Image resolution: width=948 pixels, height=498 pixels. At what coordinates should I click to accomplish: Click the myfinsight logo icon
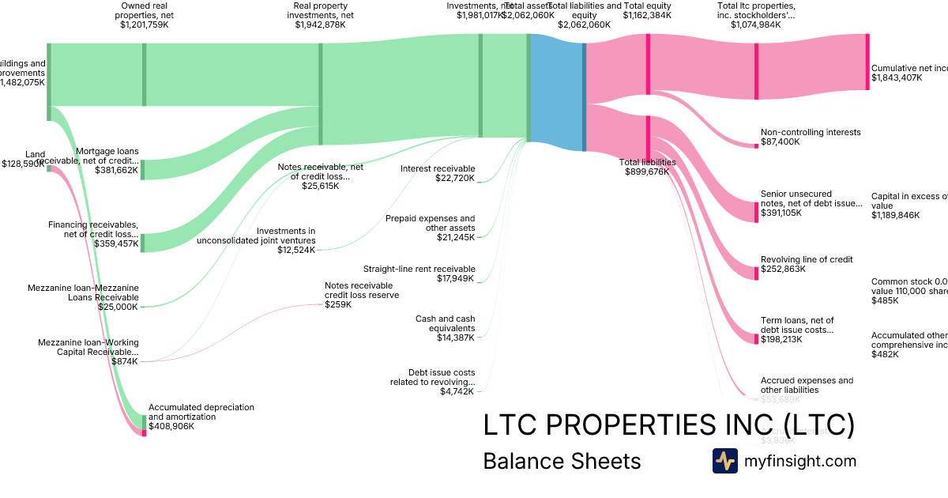coord(725,461)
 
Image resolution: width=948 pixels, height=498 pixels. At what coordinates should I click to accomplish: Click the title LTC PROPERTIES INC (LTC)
coord(668,424)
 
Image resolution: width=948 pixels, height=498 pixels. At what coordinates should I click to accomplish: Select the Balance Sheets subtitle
coord(562,461)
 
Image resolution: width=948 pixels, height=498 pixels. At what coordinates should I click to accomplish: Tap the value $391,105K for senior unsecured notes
coord(781,213)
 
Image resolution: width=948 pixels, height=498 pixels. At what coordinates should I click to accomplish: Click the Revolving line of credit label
coord(807,259)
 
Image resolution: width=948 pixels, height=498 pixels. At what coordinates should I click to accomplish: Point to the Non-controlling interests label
coord(811,132)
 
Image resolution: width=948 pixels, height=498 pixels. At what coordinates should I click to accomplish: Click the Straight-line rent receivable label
coord(419,269)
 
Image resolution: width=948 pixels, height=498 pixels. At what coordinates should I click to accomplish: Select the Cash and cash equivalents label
coord(445,323)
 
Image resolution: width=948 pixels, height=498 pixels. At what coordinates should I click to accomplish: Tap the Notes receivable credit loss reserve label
coord(362,290)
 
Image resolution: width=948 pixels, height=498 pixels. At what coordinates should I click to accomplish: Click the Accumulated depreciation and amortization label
coord(201,412)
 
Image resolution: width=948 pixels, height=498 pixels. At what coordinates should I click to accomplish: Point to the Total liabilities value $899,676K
coord(647,172)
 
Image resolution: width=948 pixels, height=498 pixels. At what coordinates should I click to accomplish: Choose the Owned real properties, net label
coord(143,10)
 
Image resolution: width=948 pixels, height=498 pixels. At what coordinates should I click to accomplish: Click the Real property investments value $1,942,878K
coord(320,25)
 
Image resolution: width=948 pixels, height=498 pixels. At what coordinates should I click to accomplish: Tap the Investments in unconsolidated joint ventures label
coord(256,236)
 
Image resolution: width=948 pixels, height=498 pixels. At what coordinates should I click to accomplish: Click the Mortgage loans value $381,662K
coord(116,169)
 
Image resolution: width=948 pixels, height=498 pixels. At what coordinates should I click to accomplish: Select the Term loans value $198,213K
coord(781,339)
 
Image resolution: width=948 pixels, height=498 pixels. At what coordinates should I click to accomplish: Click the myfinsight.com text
coord(800,461)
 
